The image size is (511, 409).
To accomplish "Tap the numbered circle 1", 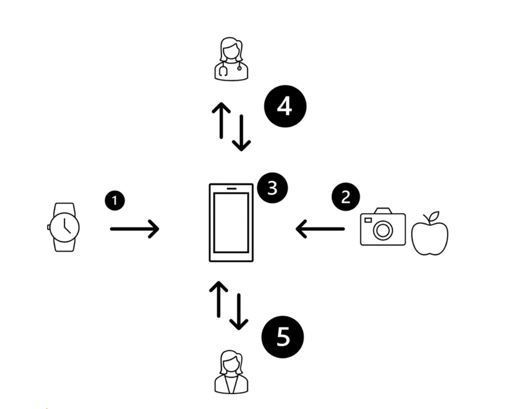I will tap(114, 201).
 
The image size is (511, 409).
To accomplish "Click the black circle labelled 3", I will tap(272, 188).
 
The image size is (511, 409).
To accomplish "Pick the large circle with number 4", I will tap(285, 107).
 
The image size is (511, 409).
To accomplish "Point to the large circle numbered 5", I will tap(282, 336).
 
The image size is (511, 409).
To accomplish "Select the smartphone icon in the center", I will tap(231, 222).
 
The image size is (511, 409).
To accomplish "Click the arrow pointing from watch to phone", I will tap(134, 229).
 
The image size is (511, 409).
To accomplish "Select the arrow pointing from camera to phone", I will tap(320, 229).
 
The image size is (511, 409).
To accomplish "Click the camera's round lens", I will tap(383, 230).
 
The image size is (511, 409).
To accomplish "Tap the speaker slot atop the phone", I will tap(231, 189).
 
